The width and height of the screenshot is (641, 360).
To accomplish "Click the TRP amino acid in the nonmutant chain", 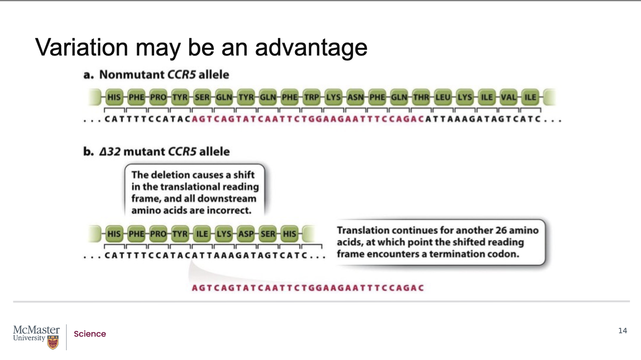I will pyautogui.click(x=312, y=97).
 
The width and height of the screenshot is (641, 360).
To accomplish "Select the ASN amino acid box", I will pyautogui.click(x=355, y=97).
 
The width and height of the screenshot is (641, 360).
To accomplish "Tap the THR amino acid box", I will pyautogui.click(x=421, y=97).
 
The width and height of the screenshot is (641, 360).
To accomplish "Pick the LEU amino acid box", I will pyautogui.click(x=443, y=97).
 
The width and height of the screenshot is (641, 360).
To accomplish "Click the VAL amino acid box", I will pyautogui.click(x=508, y=97).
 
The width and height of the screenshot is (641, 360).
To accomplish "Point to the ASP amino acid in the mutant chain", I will pyautogui.click(x=246, y=234).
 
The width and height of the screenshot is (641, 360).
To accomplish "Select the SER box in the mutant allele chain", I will pyautogui.click(x=268, y=234).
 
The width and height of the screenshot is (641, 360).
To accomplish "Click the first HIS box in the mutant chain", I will pyautogui.click(x=114, y=234).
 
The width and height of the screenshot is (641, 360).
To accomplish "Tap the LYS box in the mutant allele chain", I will pyautogui.click(x=224, y=234).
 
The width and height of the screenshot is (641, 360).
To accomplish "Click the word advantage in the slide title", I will pyautogui.click(x=311, y=48).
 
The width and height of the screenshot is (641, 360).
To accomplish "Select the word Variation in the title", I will pyautogui.click(x=82, y=48).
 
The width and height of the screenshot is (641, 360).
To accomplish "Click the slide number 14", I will pyautogui.click(x=622, y=331).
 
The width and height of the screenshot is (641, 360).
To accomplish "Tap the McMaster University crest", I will pyautogui.click(x=53, y=343).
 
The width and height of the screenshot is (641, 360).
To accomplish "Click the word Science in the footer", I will pyautogui.click(x=90, y=334).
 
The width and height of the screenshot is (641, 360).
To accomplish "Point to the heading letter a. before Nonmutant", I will pyautogui.click(x=88, y=75).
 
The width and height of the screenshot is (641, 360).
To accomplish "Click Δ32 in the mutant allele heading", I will pyautogui.click(x=110, y=152).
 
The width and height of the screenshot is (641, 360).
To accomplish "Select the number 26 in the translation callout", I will pyautogui.click(x=501, y=230).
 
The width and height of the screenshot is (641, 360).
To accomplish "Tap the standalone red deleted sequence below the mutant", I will pyautogui.click(x=308, y=288).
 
